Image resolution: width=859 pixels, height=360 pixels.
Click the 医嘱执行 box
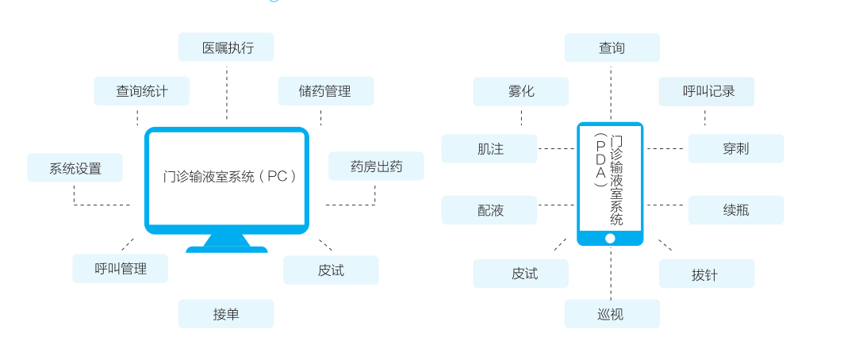pos(226,48)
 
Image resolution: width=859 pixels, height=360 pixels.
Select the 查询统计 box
pos(142,91)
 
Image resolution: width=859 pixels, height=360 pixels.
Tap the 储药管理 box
pos(325,91)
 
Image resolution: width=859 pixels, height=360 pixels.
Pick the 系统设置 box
pos(75,168)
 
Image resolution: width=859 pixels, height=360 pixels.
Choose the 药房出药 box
pos(376,167)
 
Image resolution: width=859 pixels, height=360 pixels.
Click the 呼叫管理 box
pos(121,269)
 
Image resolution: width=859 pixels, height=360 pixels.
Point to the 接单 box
pos(226,314)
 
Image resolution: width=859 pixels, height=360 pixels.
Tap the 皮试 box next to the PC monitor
pos(331,270)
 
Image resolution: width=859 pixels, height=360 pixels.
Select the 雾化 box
pos(521,91)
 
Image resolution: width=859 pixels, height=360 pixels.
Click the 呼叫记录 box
pos(707,91)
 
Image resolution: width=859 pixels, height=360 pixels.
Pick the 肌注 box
pos(489,149)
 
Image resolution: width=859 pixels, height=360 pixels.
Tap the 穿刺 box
pos(736,149)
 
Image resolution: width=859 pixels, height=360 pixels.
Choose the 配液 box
pos(489,210)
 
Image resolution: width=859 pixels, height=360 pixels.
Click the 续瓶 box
pos(736,210)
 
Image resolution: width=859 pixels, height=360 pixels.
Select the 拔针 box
pos(707,274)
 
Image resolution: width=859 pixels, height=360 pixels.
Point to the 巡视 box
pos(612,314)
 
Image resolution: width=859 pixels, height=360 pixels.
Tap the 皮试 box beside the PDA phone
pos(521,274)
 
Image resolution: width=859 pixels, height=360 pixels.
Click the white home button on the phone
pos(610,238)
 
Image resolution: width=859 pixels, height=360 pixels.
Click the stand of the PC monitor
pos(226,243)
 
